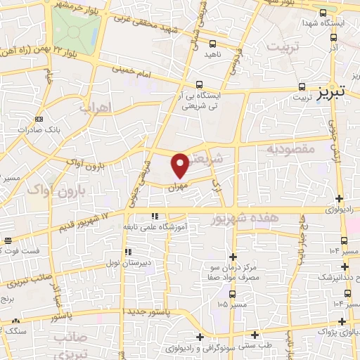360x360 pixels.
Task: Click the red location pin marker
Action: click(x=180, y=165)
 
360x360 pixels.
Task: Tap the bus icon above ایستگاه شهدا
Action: click(x=323, y=13)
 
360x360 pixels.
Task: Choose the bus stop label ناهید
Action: click(x=212, y=53)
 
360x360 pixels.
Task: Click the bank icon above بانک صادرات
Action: click(x=38, y=119)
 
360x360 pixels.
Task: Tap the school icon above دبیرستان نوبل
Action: click(x=127, y=252)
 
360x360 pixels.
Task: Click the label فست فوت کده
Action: click(x=21, y=251)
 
